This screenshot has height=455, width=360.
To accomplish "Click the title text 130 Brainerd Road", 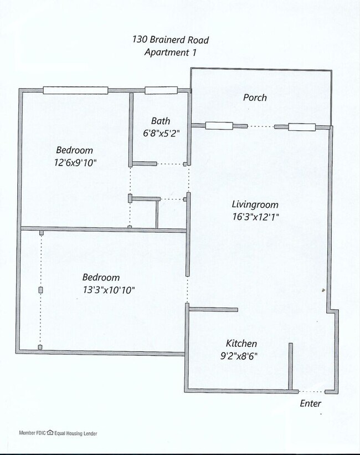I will point(170,39).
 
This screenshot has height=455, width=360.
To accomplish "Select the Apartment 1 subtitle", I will point(170,52).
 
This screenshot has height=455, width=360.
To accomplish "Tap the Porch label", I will point(255,98).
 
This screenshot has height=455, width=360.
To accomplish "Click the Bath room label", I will point(161,121).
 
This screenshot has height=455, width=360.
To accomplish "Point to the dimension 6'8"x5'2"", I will point(161,133).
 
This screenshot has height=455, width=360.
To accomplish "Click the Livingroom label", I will point(254,204).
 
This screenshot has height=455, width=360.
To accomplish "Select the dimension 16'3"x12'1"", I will point(254,217).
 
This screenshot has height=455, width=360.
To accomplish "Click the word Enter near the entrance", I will point(310,403).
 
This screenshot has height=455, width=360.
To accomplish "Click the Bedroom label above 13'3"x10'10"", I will point(101,277).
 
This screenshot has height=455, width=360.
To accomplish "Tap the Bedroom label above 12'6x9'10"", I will point(74,150).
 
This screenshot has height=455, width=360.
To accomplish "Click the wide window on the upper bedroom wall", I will point(75,90).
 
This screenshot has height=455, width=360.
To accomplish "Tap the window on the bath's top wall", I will point(161,90).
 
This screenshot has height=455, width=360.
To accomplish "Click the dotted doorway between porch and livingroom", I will point(261,126).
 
